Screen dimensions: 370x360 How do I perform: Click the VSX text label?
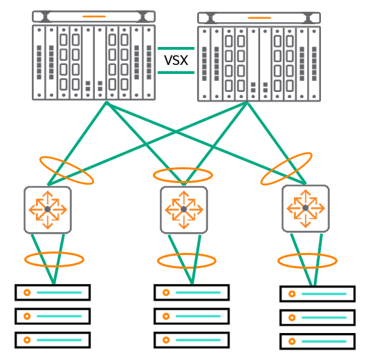(176, 60)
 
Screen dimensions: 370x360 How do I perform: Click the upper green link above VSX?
(176, 48)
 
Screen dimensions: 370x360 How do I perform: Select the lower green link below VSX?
(176, 73)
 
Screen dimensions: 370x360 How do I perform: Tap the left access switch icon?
(48, 210)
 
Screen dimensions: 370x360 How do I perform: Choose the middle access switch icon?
(184, 210)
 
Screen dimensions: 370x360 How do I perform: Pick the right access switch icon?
(306, 209)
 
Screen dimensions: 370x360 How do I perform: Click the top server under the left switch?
(53, 292)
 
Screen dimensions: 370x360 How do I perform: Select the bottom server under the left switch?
(53, 340)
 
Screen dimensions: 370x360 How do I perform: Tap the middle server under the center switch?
(192, 316)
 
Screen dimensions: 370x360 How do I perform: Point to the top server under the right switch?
(317, 294)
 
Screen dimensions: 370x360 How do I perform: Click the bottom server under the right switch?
(317, 341)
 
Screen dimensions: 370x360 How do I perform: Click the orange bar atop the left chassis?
(94, 17)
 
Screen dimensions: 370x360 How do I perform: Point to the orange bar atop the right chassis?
(259, 18)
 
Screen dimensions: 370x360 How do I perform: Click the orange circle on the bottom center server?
(166, 340)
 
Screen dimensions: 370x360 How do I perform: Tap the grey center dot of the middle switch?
(184, 209)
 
